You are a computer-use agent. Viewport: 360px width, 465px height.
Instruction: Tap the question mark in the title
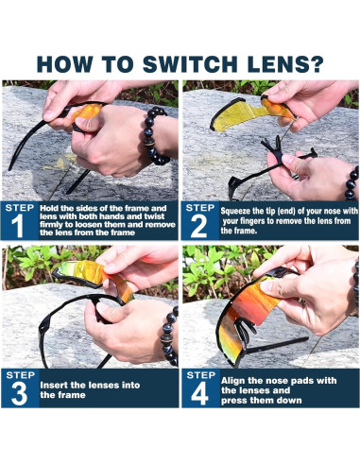pyautogui.click(x=315, y=64)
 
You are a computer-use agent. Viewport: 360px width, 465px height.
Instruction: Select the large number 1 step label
pyautogui.click(x=18, y=226)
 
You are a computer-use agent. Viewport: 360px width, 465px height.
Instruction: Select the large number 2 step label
pyautogui.click(x=198, y=226)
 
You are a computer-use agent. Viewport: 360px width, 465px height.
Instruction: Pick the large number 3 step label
pyautogui.click(x=19, y=393)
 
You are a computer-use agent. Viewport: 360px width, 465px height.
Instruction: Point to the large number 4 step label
pyautogui.click(x=199, y=393)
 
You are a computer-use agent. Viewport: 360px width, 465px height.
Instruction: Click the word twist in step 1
pyautogui.click(x=154, y=216)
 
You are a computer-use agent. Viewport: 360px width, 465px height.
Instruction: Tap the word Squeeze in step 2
pyautogui.click(x=235, y=211)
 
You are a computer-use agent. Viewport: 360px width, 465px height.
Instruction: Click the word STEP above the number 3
pyautogui.click(x=20, y=375)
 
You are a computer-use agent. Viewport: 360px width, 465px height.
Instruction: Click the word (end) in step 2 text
pyautogui.click(x=286, y=211)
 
